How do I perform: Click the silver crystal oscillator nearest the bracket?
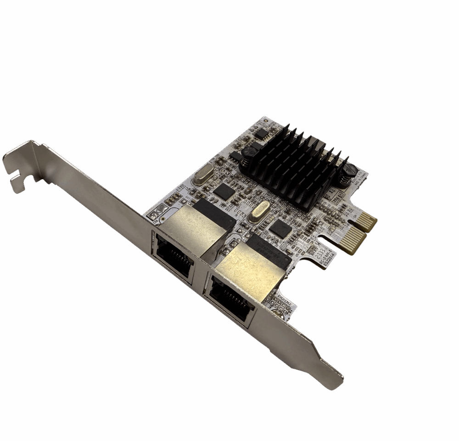click(202, 176)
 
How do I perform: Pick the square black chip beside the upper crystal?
click(224, 191)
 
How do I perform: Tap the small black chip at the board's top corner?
click(262, 134)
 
